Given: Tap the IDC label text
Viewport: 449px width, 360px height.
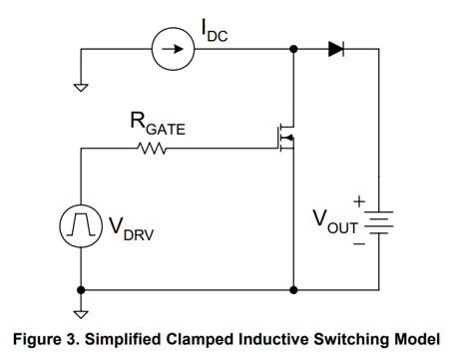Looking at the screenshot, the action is (215, 31).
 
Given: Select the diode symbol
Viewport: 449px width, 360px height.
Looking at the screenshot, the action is (336, 49).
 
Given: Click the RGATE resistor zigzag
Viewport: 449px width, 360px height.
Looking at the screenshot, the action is (152, 149).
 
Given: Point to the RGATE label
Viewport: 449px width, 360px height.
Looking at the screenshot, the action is (158, 124).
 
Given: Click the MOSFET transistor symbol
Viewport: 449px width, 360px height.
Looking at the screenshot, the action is (286, 138).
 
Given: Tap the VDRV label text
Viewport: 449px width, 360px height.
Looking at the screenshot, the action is (132, 229).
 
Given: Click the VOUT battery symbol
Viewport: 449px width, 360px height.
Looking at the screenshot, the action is (379, 222).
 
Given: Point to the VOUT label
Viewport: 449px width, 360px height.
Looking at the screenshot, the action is (335, 221).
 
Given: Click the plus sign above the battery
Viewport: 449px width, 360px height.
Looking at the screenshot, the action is (359, 201).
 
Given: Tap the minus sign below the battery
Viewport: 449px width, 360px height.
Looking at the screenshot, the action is (359, 244).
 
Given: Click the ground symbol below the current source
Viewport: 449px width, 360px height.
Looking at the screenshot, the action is (81, 88).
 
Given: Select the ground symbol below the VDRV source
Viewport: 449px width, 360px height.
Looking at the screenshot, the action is (81, 314).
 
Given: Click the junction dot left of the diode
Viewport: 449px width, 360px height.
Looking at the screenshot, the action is (293, 49).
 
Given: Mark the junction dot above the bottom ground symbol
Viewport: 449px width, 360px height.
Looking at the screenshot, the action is (81, 290).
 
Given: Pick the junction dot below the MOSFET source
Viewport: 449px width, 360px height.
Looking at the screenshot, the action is (293, 290).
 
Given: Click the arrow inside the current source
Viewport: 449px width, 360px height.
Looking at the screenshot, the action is (173, 49).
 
